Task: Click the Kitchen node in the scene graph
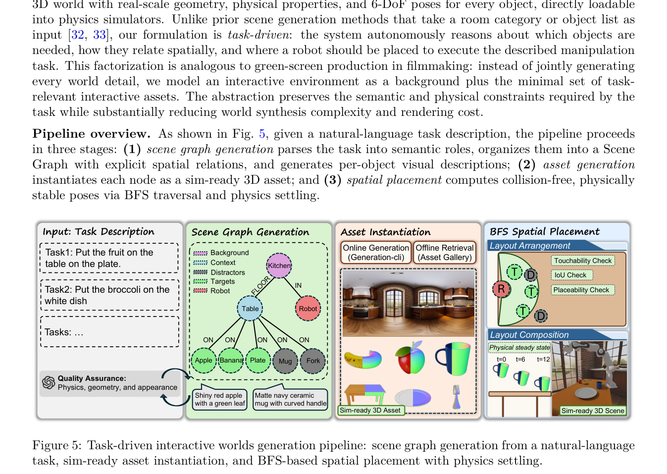[x=279, y=265]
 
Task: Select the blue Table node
[x=250, y=309]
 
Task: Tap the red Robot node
[x=308, y=309]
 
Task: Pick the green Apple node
[x=204, y=361]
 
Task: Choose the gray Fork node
[x=312, y=361]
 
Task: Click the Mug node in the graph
[x=285, y=361]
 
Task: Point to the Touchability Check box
[x=583, y=261]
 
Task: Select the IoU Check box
[x=572, y=275]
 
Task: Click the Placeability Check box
[x=583, y=290]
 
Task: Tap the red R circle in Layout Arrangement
[x=502, y=289]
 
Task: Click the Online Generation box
[x=376, y=252]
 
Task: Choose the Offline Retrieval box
[x=445, y=252]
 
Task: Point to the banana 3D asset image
[x=363, y=359]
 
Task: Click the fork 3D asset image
[x=457, y=397]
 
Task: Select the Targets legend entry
[x=214, y=281]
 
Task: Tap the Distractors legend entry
[x=219, y=272]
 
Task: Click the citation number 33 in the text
[x=100, y=35]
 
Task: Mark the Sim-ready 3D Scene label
[x=593, y=411]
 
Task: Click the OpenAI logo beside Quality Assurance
[x=49, y=382]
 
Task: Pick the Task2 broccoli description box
[x=109, y=295]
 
